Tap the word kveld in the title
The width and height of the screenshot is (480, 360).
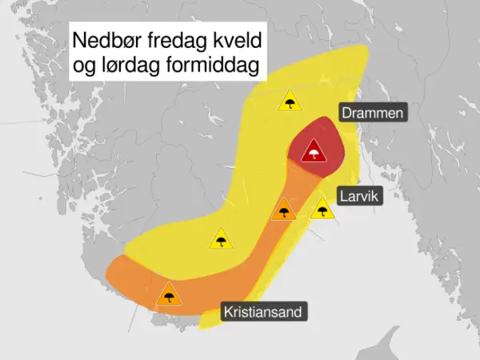point(232,41)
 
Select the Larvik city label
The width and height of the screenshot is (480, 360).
point(361,194)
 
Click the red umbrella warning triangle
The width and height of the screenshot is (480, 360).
point(314,151)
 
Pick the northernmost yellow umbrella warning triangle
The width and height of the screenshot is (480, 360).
point(290,102)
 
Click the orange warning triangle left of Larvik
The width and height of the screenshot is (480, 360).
point(282,211)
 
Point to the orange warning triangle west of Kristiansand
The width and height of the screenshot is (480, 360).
point(169,295)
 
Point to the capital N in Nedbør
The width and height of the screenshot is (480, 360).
point(78,41)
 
